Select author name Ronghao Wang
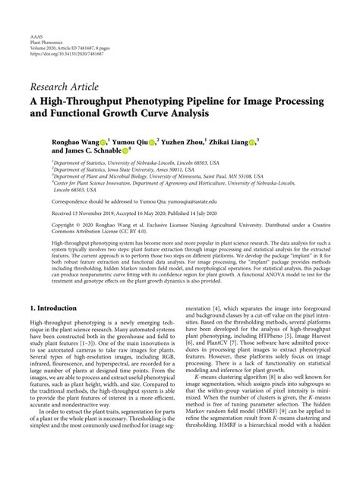tap(74, 141)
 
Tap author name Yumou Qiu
tap(131, 141)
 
